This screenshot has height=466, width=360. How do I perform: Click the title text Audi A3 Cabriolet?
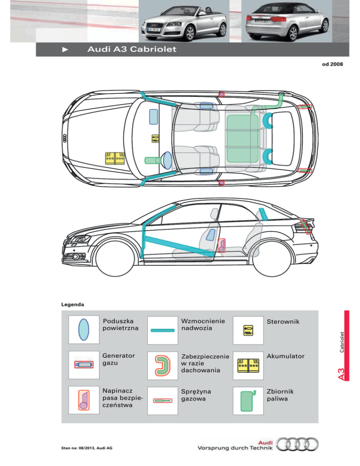tap(131, 50)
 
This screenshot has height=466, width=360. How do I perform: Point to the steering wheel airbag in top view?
tap(167, 159)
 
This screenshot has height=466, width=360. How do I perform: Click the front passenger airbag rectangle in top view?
tap(153, 116)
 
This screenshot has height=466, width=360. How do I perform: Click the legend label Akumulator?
tap(285, 356)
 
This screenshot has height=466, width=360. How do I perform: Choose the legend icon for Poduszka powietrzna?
tap(83, 329)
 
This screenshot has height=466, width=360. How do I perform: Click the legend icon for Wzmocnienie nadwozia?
tap(163, 330)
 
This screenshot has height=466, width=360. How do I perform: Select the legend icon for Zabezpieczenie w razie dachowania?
tap(163, 366)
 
